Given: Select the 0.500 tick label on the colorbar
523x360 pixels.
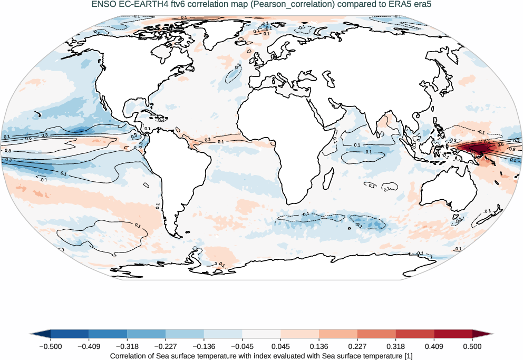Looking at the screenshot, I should click(472, 346).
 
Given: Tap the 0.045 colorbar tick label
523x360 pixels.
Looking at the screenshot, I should click(280, 346).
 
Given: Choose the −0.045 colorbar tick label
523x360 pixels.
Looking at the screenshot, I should click(242, 346).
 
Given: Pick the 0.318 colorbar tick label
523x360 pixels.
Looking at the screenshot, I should click(395, 346).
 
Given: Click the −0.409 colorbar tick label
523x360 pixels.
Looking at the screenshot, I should click(89, 346).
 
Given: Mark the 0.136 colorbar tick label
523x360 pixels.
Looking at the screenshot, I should click(319, 346).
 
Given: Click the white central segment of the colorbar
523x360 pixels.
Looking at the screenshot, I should click(261, 334).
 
